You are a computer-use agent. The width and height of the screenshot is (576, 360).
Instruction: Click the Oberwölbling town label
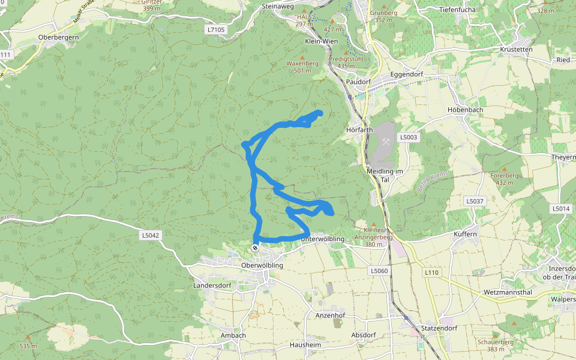click(x=261, y=265)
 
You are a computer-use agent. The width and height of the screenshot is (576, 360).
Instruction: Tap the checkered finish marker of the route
click(x=256, y=248)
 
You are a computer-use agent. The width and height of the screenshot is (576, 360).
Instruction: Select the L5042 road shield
click(x=151, y=235)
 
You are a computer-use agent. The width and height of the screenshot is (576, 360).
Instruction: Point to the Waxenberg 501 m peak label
click(x=302, y=67)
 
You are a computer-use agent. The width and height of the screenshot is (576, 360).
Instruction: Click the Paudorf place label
click(x=358, y=82)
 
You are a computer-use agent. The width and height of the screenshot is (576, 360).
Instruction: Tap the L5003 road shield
click(x=410, y=137)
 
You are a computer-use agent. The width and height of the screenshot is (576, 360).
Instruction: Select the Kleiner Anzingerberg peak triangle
click(x=374, y=224)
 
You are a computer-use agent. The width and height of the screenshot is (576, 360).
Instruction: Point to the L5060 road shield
click(x=379, y=271)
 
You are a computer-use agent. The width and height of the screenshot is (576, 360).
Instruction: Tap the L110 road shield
click(x=432, y=272)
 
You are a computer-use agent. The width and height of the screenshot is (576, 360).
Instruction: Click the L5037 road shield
click(x=474, y=201)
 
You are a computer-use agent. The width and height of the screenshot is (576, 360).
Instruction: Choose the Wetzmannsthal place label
click(x=507, y=293)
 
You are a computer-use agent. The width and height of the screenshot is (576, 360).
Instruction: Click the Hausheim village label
click(x=306, y=345)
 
